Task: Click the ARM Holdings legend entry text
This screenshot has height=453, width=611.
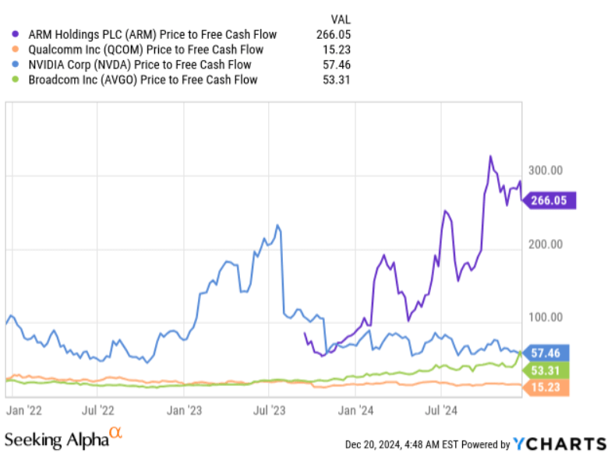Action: (151, 34)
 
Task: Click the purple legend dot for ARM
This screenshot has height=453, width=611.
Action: (16, 34)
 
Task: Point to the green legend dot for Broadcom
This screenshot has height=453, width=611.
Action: (16, 79)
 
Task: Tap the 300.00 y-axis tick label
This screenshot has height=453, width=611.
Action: (546, 170)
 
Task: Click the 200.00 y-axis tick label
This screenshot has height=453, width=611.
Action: (546, 244)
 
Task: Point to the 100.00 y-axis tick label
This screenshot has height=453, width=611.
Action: (546, 318)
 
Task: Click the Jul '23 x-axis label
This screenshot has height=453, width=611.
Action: (269, 407)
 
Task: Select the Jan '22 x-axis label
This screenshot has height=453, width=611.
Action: (24, 407)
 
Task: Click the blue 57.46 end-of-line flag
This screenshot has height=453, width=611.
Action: (549, 353)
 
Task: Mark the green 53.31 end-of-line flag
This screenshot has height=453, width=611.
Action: (549, 370)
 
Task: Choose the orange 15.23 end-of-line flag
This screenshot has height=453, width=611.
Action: (549, 387)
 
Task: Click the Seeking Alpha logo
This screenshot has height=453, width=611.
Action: (64, 438)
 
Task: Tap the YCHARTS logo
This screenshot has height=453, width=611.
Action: (558, 442)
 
